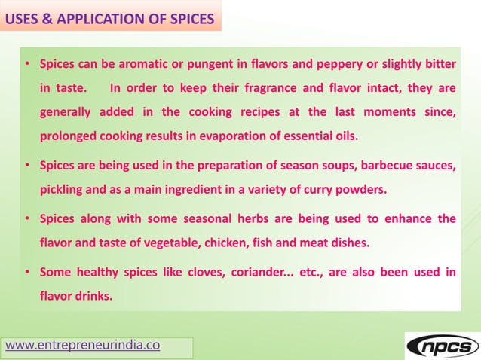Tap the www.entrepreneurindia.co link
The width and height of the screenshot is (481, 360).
(83, 346)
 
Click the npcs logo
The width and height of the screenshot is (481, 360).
(443, 346)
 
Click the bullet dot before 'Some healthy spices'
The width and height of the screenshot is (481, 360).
(27, 272)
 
